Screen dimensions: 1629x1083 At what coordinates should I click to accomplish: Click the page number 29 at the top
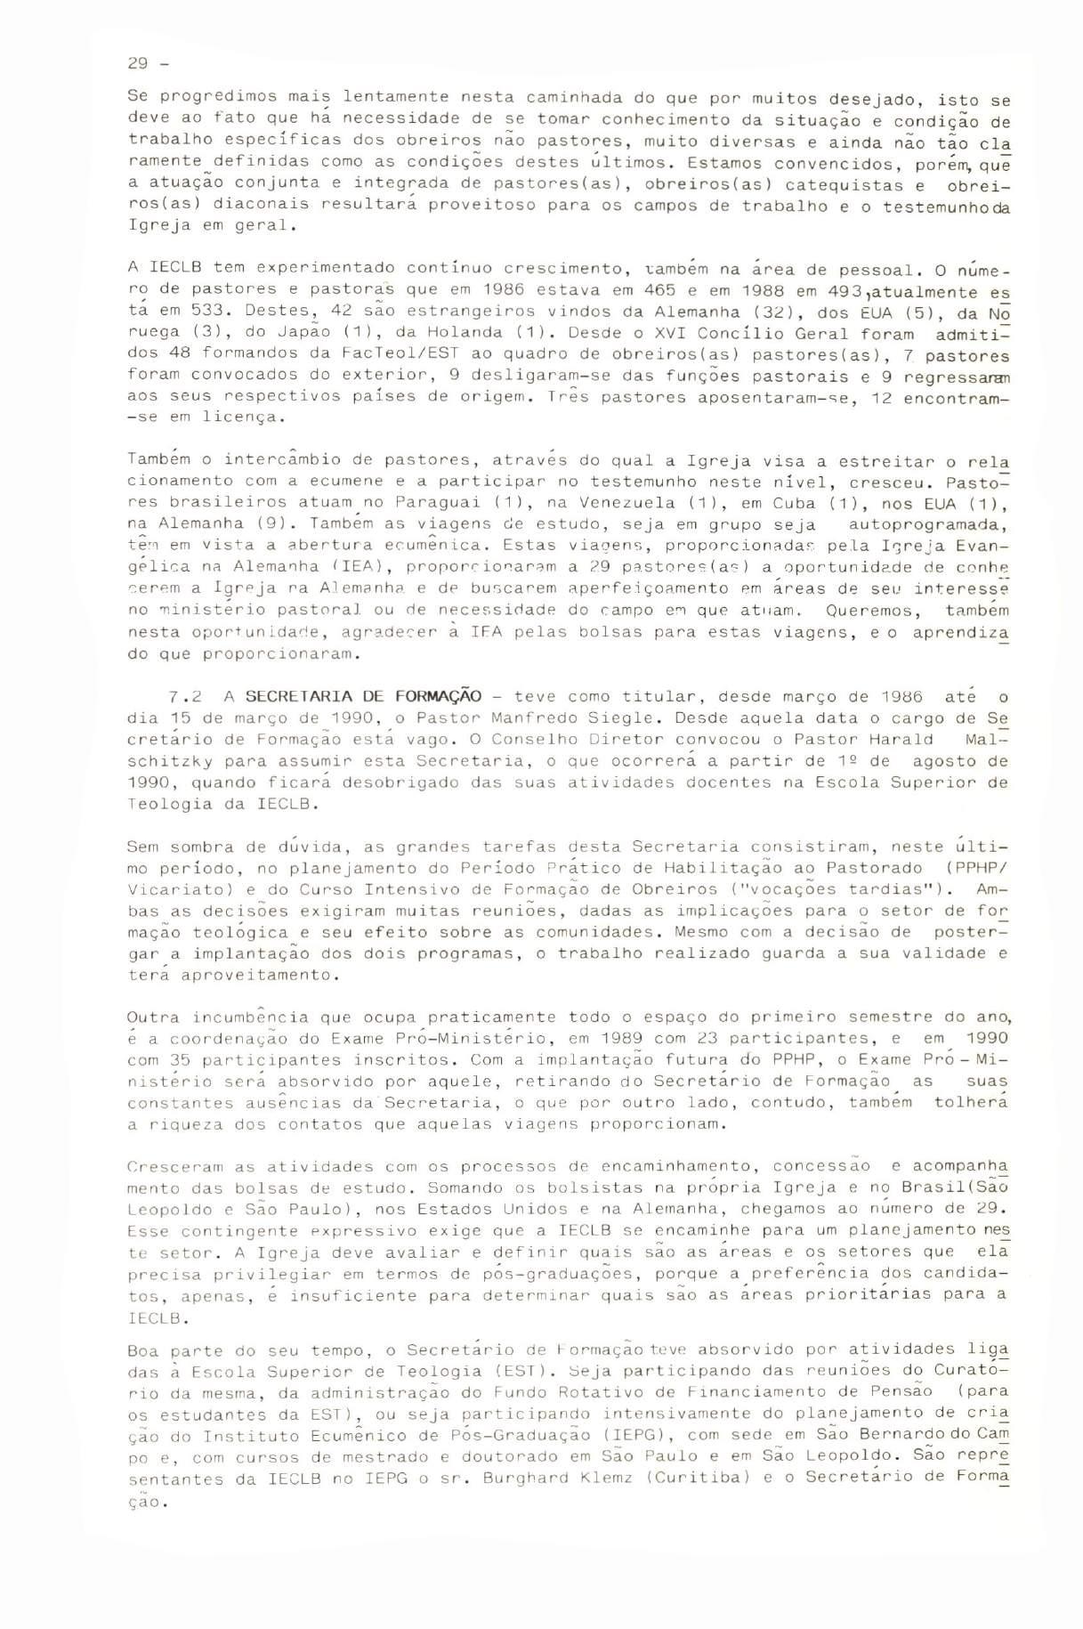click(138, 63)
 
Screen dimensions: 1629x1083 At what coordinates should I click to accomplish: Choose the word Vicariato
click(167, 889)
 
